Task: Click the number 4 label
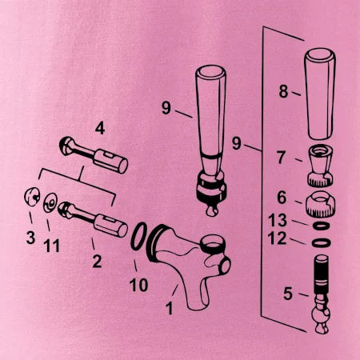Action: tap(100, 129)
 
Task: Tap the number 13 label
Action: tap(278, 220)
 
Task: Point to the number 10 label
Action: tap(138, 285)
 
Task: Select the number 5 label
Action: tap(288, 294)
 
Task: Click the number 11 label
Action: tap(51, 246)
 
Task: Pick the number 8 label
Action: tap(284, 91)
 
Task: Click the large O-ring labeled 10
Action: tap(139, 236)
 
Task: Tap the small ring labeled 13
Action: tap(322, 226)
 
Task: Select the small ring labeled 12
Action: tap(322, 243)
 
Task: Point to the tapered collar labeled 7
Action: tap(320, 165)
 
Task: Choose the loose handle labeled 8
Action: tap(320, 94)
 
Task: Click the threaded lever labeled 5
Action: tap(322, 294)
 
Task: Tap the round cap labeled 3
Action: tap(32, 197)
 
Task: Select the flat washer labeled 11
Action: tap(50, 202)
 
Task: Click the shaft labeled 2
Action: tap(93, 220)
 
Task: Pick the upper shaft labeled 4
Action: tap(94, 155)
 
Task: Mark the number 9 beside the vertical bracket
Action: tap(237, 143)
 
